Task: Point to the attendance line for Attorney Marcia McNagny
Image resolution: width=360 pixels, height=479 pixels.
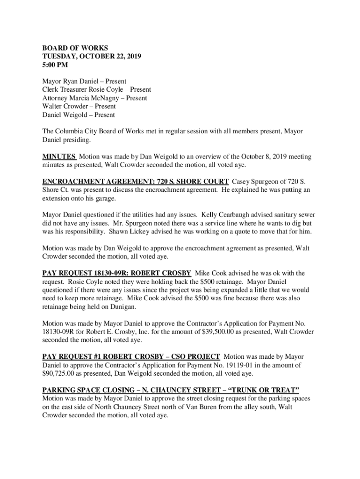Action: pyautogui.click(x=94, y=98)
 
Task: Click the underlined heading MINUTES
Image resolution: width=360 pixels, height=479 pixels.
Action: pyautogui.click(x=59, y=157)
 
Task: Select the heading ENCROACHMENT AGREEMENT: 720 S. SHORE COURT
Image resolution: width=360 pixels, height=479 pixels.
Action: pyautogui.click(x=136, y=181)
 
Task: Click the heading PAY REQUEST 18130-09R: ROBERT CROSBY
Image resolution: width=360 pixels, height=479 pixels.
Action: pyautogui.click(x=117, y=273)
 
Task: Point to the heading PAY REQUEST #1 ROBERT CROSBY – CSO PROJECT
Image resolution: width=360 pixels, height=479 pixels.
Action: pyautogui.click(x=131, y=356)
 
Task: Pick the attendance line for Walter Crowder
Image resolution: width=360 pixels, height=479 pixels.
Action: pyautogui.click(x=79, y=106)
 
